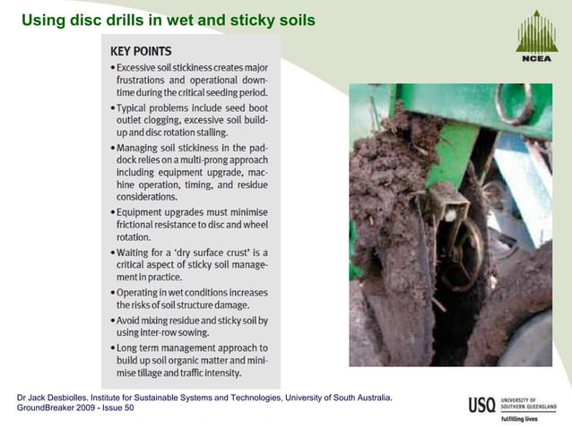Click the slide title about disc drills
click(x=168, y=19)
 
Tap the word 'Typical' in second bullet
click(x=134, y=107)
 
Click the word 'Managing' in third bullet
click(x=139, y=146)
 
